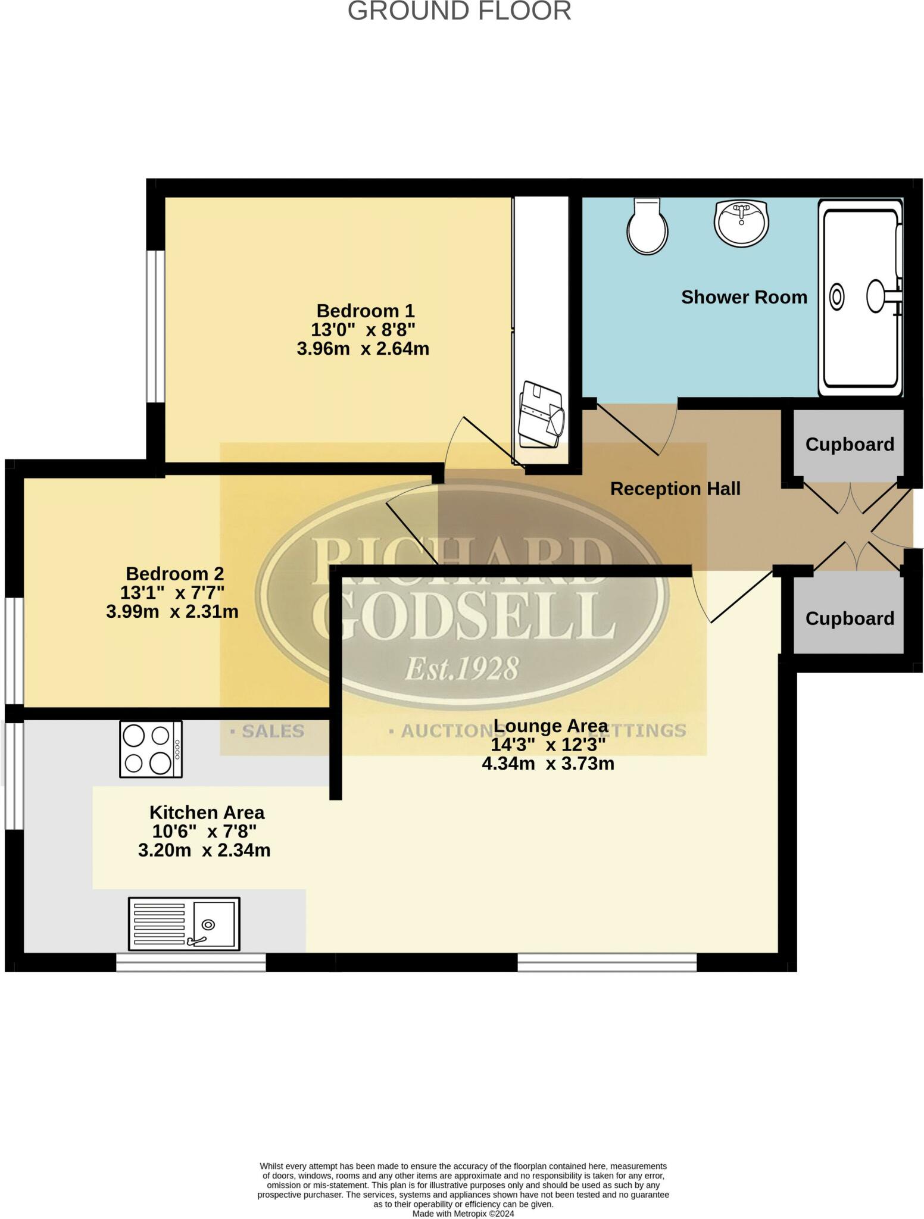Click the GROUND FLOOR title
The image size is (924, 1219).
coord(459,11)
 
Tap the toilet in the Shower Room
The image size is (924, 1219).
coord(647,227)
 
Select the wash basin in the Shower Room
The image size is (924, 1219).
coord(741,223)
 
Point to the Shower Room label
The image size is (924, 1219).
coord(744,297)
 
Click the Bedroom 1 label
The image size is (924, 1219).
coord(365,311)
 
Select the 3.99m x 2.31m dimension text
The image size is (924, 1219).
coord(172,611)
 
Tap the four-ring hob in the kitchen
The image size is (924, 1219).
coord(151,749)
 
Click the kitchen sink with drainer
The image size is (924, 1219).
coord(184,924)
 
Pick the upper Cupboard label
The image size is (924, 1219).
coord(850,445)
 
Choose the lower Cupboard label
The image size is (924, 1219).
coord(850,618)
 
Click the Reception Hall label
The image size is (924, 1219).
coord(675,489)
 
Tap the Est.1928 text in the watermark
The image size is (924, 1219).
coord(461,668)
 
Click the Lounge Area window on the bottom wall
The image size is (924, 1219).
coord(607,962)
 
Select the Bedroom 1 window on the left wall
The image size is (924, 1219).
coord(155,327)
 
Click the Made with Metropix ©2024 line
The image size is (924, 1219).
coord(463,1214)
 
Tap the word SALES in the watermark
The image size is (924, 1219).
coord(273,731)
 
